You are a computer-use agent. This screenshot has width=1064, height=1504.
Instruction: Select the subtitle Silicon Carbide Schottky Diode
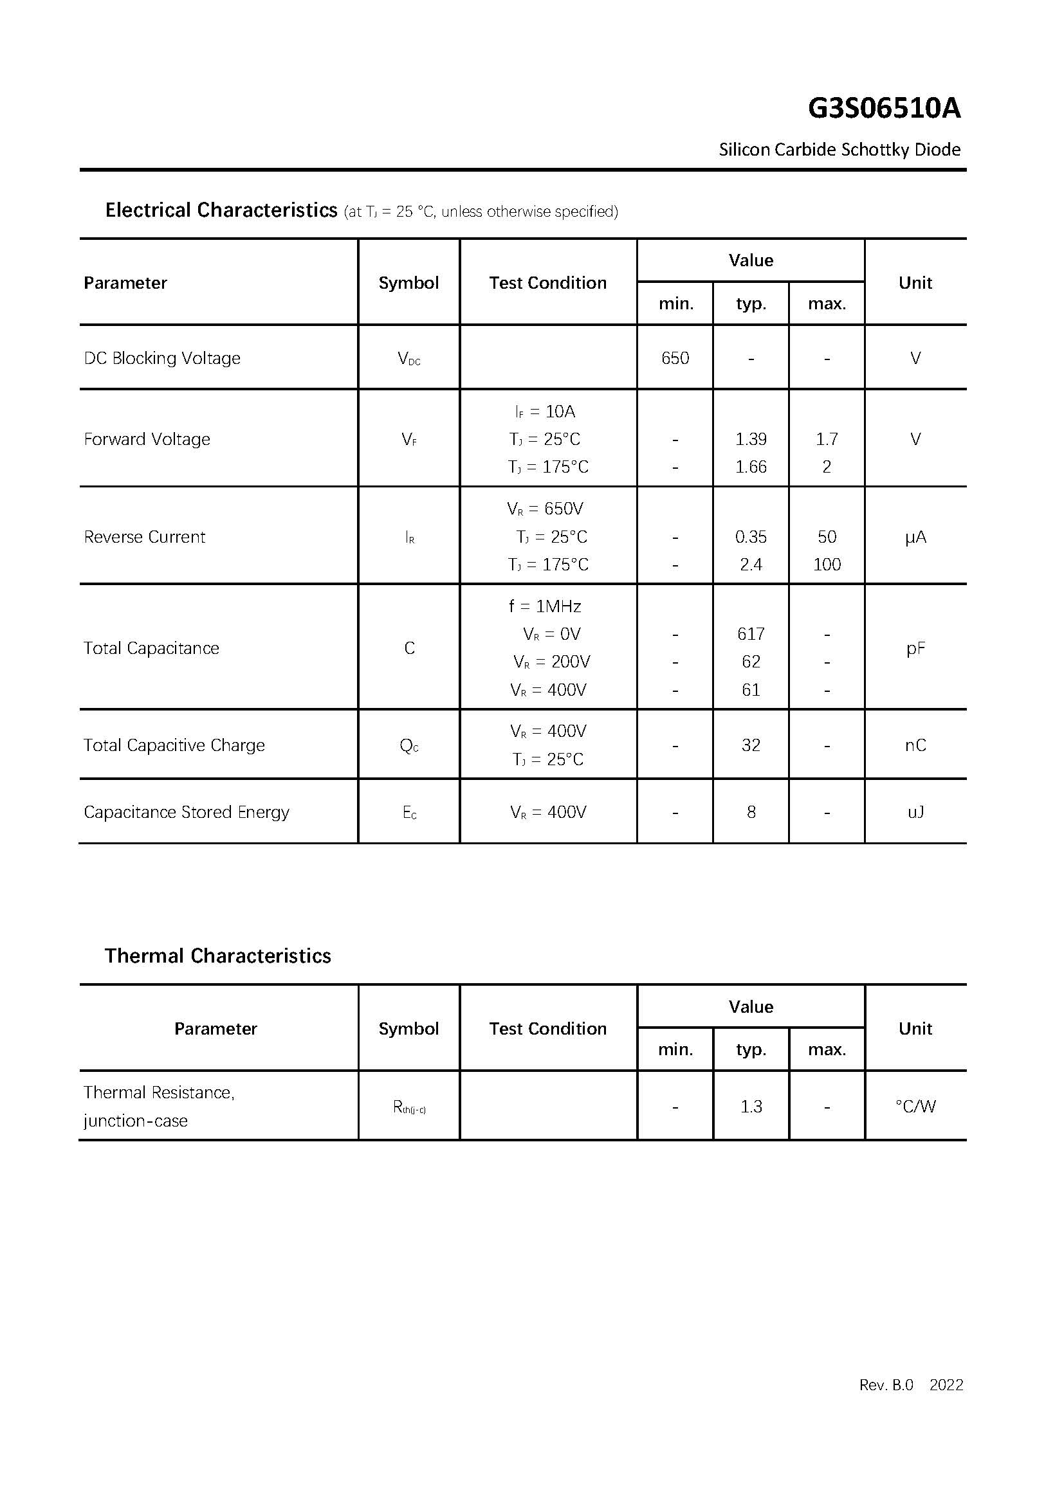pos(839,150)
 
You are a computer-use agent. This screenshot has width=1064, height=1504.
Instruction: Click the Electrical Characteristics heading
pos(221,210)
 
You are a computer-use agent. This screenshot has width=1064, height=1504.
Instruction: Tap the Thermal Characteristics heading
pos(217,956)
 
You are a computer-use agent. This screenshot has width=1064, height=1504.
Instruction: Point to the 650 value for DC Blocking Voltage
pos(675,358)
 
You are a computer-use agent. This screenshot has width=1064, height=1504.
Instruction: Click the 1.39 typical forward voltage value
pos(750,439)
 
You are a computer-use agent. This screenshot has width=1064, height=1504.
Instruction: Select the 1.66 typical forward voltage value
pos(750,467)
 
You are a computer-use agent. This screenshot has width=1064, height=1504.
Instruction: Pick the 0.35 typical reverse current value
pos(750,537)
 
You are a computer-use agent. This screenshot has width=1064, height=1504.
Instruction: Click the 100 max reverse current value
pos(826,565)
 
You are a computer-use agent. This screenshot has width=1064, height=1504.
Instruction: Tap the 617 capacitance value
pos(750,634)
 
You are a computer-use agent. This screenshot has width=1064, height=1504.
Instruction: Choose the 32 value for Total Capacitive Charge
pos(750,745)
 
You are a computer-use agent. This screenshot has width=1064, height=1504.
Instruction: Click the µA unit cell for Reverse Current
pos(915,537)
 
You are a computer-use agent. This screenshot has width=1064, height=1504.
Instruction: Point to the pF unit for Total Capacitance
pos(915,649)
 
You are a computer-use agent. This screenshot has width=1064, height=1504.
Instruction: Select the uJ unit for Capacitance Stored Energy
pos(915,812)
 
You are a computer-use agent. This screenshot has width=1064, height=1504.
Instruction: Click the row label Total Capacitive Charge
pos(174,745)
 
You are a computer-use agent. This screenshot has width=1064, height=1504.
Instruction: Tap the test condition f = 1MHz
pos(544,606)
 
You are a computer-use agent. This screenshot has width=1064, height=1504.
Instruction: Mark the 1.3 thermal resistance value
pos(751,1107)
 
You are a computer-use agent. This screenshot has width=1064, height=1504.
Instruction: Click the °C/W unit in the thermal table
pos(915,1107)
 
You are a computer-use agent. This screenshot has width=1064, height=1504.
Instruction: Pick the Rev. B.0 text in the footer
pos(886,1385)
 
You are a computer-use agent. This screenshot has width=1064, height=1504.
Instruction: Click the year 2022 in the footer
pos(946,1385)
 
